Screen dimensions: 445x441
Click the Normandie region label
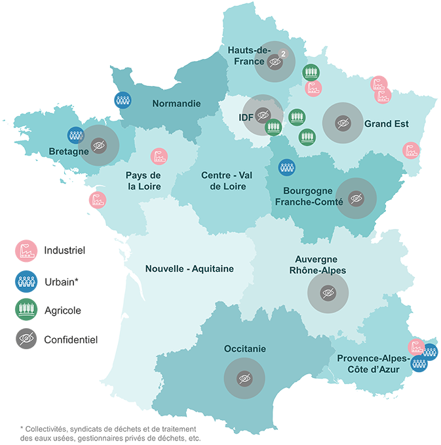pos(176,104)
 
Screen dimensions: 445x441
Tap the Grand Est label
pos(386,123)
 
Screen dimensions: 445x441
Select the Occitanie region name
pos(244,349)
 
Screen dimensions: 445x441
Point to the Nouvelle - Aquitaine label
pos(189,268)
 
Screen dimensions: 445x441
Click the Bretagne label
pos(68,152)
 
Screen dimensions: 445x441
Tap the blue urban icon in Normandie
pos(123,100)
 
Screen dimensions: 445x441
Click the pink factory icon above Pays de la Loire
pos(159,156)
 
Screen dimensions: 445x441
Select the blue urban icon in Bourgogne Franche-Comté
pos(286,167)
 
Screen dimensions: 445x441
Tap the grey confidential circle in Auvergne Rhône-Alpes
pos(328,293)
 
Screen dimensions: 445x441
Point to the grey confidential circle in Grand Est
pos(343,123)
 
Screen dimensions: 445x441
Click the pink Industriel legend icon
pos(26,250)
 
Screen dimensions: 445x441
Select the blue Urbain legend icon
pos(26,280)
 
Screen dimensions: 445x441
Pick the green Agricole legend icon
pos(26,310)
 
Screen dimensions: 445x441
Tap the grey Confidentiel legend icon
pos(26,339)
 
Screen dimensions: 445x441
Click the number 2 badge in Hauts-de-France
pos(283,53)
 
